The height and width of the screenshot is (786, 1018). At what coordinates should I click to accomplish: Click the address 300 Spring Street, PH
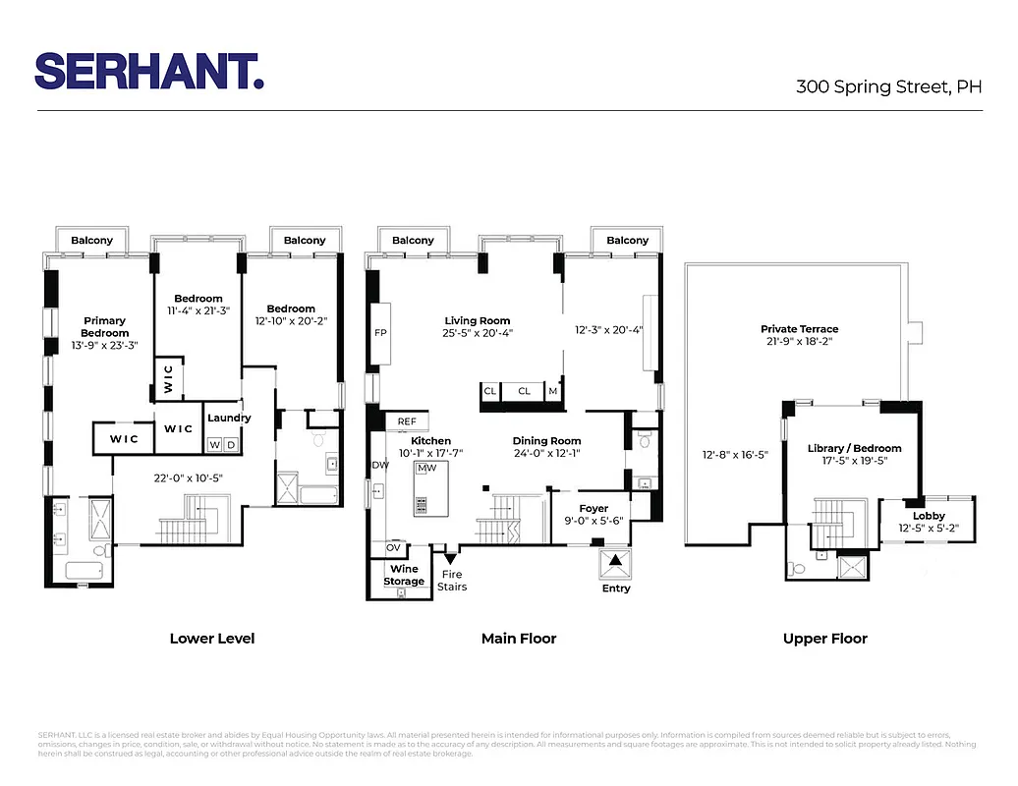click(x=888, y=86)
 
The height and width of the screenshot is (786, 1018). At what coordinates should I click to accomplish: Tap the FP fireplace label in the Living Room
click(x=380, y=333)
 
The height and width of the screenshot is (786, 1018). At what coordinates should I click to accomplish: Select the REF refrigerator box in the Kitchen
click(x=406, y=421)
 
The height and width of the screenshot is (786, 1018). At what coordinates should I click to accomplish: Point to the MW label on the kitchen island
click(x=426, y=469)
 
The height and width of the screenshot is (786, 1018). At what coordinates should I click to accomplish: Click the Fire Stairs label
click(x=452, y=581)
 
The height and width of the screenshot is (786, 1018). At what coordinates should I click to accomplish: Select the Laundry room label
click(x=228, y=418)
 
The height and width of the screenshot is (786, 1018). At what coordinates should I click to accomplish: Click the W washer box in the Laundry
click(x=214, y=444)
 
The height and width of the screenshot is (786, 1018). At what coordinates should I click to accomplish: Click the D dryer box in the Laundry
click(x=232, y=444)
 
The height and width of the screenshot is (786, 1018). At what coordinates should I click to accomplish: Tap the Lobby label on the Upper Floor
click(x=929, y=517)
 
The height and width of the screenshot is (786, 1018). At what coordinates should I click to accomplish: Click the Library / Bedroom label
click(x=854, y=448)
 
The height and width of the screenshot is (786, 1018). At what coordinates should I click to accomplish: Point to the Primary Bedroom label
click(x=104, y=327)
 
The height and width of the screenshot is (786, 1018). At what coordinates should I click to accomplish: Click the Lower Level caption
click(x=211, y=639)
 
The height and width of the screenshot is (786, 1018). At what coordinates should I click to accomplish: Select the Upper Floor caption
click(x=824, y=639)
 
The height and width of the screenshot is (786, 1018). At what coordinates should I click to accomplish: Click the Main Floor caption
click(x=518, y=639)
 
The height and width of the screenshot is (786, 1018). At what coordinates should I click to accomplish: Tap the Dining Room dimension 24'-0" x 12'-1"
click(x=546, y=454)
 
